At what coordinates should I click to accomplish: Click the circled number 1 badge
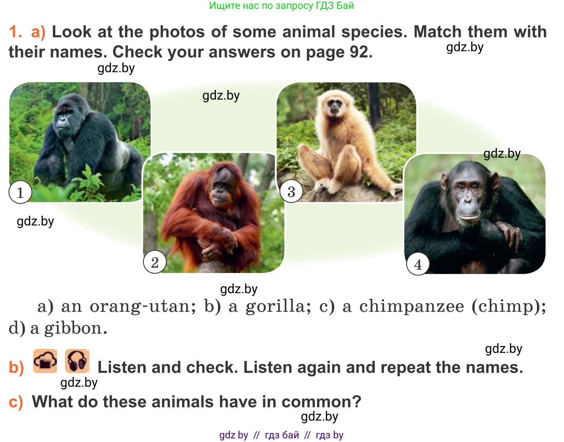pos(20,192)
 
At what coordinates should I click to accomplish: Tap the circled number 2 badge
pos(155,262)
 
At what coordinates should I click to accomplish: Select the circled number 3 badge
pos(291,191)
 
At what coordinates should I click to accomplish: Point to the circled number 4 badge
pos(418,264)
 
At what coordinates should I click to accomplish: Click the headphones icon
pos(77,361)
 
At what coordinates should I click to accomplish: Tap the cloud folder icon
pos(45,361)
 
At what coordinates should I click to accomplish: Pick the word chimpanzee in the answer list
pos(412,306)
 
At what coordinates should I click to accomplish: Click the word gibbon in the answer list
pos(75,328)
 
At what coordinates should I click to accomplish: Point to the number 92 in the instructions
pos(361,52)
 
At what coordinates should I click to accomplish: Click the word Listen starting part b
pos(122,367)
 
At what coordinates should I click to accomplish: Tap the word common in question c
pos(321,402)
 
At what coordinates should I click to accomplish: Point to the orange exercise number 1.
pos(15,31)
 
